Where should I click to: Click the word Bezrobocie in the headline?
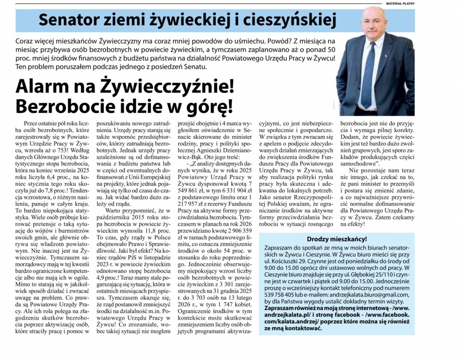coord(62,106)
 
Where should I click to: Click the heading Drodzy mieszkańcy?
coord(336,239)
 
